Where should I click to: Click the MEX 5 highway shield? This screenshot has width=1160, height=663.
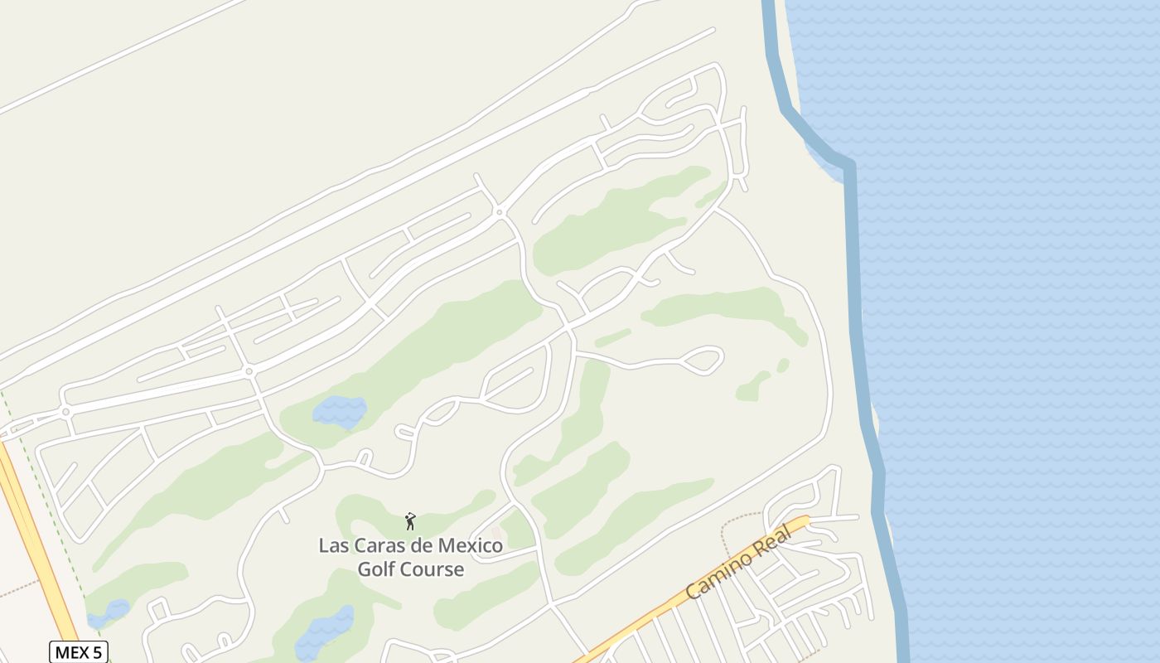click(x=80, y=652)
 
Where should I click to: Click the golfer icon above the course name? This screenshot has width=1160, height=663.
click(x=410, y=521)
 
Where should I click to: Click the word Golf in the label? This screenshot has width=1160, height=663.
click(x=376, y=569)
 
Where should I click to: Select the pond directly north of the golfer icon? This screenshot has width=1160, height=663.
click(x=340, y=411)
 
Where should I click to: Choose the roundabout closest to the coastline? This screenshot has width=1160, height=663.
click(x=499, y=212)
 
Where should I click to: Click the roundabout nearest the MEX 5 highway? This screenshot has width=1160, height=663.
click(x=65, y=411)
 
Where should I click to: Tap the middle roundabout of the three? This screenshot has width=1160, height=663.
click(x=249, y=371)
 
